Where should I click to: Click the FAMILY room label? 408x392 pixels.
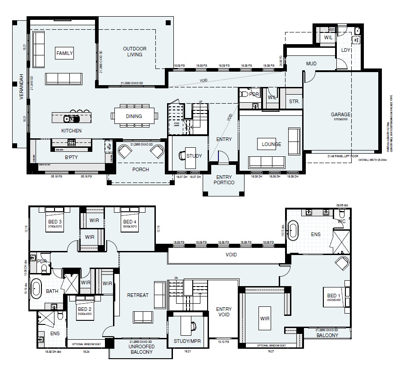click(64, 53)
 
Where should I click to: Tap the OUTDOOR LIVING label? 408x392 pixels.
click(135, 51)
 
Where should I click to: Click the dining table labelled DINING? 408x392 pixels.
click(134, 116)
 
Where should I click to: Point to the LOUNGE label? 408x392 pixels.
click(272, 145)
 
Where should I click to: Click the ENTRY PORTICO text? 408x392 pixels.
click(224, 180)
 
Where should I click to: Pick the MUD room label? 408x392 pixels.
click(311, 64)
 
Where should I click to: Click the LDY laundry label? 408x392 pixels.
click(346, 50)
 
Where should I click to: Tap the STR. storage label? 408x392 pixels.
click(294, 102)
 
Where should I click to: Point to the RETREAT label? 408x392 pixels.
click(138, 295)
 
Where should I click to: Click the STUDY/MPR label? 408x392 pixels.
click(187, 342)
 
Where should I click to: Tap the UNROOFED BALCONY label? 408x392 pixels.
click(141, 349)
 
